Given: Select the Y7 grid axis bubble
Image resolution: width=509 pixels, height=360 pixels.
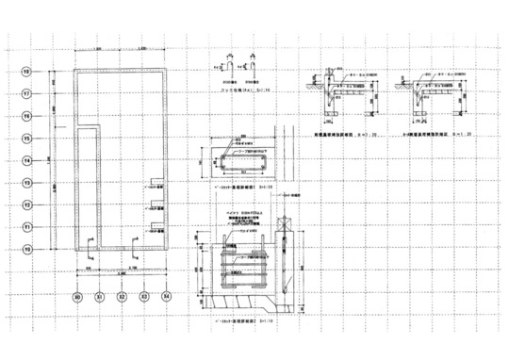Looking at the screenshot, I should coord(26,93).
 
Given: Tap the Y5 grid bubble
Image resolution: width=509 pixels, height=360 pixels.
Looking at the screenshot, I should coord(26,139).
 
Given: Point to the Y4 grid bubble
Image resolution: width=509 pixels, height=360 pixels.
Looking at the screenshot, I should coord(26,160).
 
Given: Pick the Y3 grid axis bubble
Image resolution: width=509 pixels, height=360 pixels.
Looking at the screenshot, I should coord(26,183).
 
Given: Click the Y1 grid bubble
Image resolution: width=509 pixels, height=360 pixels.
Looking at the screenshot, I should coord(26,227).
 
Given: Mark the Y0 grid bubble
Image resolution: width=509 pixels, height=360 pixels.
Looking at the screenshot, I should coord(26,250).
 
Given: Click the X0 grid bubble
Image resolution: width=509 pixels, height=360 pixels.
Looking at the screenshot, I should coord(77,295).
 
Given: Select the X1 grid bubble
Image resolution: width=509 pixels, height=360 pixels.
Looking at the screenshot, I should coord(99,295).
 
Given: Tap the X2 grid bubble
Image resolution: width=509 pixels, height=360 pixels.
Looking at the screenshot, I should coord(122,295).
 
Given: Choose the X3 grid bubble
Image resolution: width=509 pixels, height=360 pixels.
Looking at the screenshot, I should coord(144,295).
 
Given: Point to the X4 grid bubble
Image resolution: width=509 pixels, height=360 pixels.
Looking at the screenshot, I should coord(166,295).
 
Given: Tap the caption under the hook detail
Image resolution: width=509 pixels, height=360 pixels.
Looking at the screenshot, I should coord(239,90).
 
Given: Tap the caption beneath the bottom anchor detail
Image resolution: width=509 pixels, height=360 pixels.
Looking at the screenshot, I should coord(239,321).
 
